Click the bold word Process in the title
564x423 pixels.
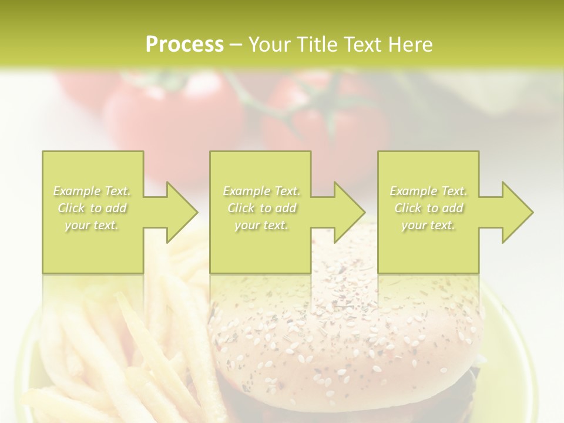[184, 44]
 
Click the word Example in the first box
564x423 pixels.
[77, 191]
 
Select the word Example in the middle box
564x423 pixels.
[246, 191]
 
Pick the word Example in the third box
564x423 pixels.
[413, 191]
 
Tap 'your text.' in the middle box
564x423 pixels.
[261, 225]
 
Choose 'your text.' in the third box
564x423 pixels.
[428, 225]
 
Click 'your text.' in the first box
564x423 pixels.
[92, 225]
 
